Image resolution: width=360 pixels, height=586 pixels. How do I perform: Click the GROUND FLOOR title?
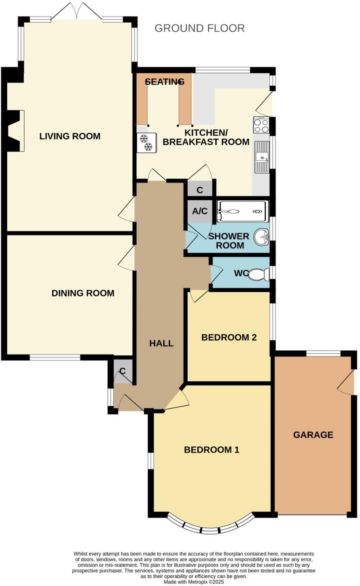[x=199, y=28]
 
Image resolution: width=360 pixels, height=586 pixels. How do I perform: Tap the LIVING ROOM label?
[x=70, y=136]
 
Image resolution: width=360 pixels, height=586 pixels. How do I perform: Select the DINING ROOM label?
[x=83, y=293]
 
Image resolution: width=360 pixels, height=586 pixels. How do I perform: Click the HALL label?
[x=161, y=343]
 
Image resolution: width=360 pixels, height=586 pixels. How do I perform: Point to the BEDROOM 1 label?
[x=212, y=450]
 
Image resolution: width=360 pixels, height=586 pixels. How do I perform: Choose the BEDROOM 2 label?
[x=229, y=337]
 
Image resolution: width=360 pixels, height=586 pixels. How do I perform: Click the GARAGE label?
[x=313, y=435]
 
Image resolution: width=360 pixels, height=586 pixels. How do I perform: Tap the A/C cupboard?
[x=200, y=211]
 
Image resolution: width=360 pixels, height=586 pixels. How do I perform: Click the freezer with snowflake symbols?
[x=146, y=143]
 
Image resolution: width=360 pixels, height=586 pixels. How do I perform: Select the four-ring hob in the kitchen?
[x=261, y=125]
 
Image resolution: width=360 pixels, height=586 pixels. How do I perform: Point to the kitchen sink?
[x=262, y=157]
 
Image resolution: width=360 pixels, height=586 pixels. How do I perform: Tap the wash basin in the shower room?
[x=262, y=237]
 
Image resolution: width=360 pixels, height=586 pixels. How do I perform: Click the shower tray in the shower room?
[x=242, y=211]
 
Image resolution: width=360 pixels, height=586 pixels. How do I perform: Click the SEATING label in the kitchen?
[x=165, y=82]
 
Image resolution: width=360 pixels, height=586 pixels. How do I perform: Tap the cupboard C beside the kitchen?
[x=200, y=189]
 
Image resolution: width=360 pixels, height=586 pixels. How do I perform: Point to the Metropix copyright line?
[x=193, y=582]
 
